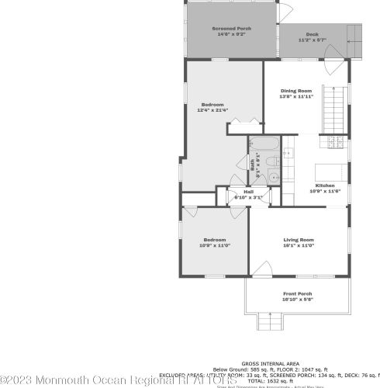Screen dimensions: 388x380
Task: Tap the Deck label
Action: pos(312,34)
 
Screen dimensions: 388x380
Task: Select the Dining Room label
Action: pos(298,91)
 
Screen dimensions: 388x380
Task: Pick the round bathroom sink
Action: pos(274,178)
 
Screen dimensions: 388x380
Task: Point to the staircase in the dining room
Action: pos(334,101)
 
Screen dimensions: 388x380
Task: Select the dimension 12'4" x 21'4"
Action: pos(212,110)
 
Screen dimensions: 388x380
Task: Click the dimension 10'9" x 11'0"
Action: pos(215,245)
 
